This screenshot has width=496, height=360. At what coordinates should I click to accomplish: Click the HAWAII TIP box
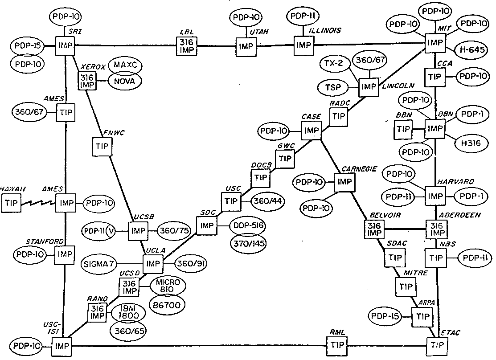click(x=11, y=204)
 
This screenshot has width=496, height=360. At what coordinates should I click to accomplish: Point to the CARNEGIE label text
click(x=359, y=169)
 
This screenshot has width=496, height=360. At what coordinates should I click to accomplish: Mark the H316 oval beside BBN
click(x=470, y=143)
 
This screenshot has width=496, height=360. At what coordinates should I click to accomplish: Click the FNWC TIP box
click(x=102, y=147)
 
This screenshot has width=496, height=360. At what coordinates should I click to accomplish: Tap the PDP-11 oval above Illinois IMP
click(x=302, y=16)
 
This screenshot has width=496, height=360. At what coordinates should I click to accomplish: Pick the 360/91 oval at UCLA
click(x=190, y=263)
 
